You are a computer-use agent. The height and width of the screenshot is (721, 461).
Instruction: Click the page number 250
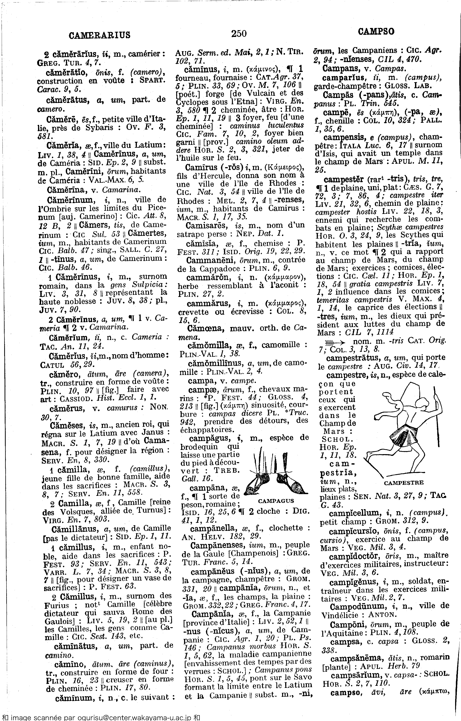[x=239, y=33]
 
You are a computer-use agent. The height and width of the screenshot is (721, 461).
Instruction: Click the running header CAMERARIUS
[x=99, y=35]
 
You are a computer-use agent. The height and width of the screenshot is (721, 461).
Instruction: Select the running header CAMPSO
[x=376, y=31]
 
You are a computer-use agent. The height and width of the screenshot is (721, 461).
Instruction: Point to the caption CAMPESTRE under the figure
[x=404, y=483]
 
